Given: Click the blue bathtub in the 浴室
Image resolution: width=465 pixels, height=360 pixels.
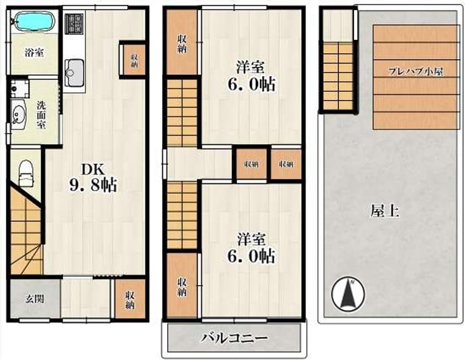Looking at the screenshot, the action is (x=35, y=21).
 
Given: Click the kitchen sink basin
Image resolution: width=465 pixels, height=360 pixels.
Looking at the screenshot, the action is (x=74, y=72).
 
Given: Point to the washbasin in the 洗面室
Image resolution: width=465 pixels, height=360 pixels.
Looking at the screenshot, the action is (x=18, y=115).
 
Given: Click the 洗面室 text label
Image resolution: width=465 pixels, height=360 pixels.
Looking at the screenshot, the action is (x=41, y=115).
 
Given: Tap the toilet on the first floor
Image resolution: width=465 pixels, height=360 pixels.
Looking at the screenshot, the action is (x=27, y=174).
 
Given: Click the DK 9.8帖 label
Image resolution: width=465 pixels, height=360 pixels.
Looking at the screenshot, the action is (x=93, y=177).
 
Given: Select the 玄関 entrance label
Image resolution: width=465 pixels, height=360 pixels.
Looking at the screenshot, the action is (x=35, y=299).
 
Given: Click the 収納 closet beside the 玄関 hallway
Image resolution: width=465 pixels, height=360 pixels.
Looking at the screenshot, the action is (x=130, y=299).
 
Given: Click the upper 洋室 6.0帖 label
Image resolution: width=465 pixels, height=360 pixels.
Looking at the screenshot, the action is (x=251, y=75).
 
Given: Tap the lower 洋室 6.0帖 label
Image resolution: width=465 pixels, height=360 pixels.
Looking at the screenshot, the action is (x=251, y=248).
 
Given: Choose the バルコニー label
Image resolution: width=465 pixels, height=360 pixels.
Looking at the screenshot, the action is (x=234, y=338).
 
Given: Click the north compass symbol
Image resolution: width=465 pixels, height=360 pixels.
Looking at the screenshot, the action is (x=348, y=293).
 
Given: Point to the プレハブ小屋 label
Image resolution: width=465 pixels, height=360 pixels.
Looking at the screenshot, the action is (x=416, y=72).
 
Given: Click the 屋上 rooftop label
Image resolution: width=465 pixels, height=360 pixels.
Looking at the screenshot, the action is (x=385, y=211).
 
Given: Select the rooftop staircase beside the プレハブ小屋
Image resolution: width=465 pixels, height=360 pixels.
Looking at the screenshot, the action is (x=338, y=76).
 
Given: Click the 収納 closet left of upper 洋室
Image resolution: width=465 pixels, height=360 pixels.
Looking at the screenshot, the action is (x=182, y=42).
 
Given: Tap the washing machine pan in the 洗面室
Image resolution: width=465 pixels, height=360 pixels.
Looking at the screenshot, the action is (x=19, y=89).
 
